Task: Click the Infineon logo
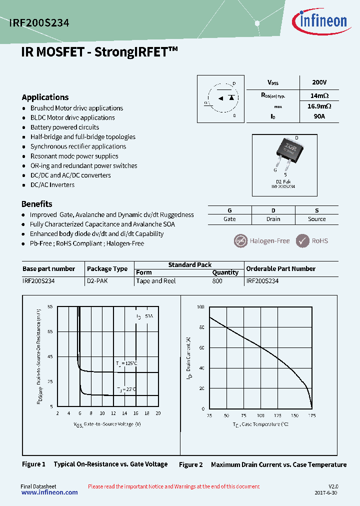[319, 21]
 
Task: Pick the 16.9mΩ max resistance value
[319, 106]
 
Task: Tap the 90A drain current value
[318, 116]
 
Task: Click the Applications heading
[45, 97]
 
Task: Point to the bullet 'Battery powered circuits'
[64, 127]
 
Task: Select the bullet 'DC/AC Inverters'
[52, 184]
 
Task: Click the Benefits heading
[36, 203]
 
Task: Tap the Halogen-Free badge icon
[241, 241]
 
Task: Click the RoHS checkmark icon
[302, 241]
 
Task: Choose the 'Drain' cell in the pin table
[273, 219]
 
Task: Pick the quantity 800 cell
[217, 281]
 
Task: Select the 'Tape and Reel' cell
[156, 281]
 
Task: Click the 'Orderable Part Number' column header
[280, 268]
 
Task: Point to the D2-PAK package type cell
[97, 281]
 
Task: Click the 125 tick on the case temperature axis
[277, 415]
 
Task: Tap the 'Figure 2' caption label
[190, 464]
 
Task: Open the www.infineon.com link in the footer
[49, 492]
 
